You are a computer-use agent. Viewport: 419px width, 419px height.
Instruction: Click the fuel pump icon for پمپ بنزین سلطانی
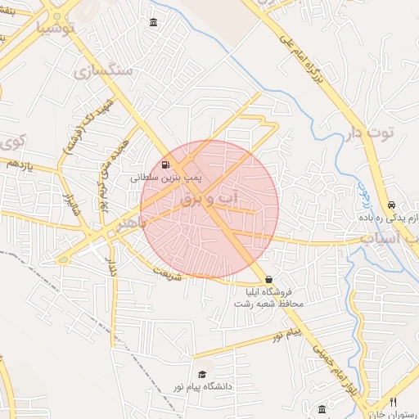click(167, 164)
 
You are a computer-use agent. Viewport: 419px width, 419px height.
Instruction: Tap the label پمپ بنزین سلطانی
click(168, 176)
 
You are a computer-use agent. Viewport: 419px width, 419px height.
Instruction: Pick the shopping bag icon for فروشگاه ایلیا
click(269, 280)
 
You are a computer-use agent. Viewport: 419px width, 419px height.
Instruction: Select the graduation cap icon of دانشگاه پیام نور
click(202, 374)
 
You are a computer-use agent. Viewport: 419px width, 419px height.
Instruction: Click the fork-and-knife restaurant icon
click(394, 402)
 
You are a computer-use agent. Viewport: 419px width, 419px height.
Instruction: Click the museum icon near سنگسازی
click(154, 22)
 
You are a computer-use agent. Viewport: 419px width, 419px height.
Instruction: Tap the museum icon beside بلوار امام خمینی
click(322, 408)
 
